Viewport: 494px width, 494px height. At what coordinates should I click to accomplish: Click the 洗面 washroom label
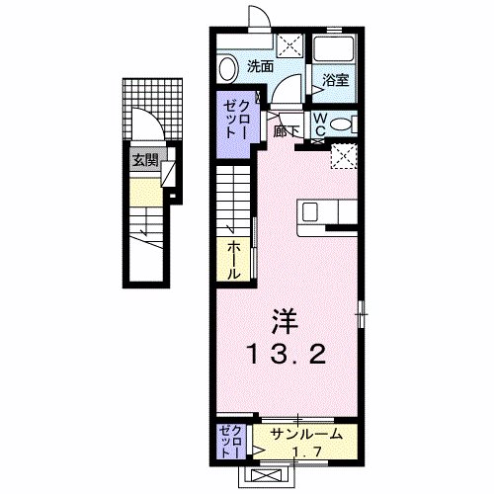261,67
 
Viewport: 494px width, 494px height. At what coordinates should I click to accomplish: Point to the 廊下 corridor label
287,129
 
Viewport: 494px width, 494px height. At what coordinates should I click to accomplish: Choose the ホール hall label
234,259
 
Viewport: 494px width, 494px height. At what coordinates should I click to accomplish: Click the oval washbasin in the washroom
226,68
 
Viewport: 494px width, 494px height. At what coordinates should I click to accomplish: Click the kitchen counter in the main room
326,212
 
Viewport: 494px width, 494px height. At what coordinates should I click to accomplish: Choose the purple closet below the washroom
236,115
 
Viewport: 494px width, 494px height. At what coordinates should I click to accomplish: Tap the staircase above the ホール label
234,198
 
